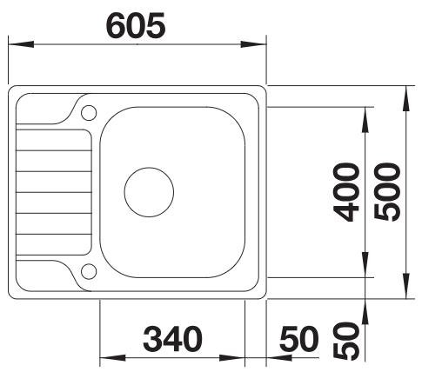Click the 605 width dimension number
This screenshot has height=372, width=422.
click(137, 26)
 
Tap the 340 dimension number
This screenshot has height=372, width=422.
click(172, 339)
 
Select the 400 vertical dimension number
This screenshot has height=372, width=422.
click(346, 192)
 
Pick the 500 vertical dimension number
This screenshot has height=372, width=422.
click(387, 192)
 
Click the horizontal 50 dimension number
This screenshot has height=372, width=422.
click(299, 339)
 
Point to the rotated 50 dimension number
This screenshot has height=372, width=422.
click(346, 341)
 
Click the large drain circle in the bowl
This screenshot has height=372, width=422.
click(149, 192)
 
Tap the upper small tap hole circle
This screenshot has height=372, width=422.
click(89, 113)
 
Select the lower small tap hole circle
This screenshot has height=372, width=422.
click(89, 271)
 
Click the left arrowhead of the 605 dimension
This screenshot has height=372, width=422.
click(21, 44)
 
